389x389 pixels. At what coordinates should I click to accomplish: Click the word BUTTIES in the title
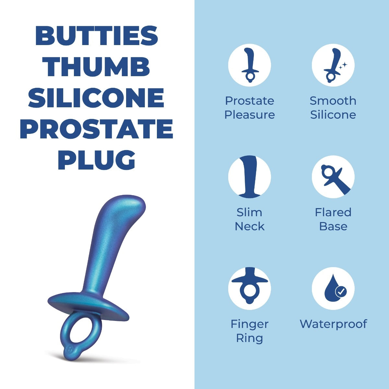tap(97, 36)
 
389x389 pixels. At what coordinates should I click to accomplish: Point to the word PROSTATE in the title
tap(97, 129)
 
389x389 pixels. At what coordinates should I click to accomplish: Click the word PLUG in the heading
tap(97, 160)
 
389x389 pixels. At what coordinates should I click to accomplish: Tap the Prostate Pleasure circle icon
tap(249, 65)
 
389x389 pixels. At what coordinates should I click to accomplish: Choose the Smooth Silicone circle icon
tap(333, 65)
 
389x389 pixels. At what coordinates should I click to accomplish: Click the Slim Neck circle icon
tap(249, 177)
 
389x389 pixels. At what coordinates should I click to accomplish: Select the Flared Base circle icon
tap(333, 177)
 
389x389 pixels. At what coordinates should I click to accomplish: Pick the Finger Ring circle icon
tap(249, 288)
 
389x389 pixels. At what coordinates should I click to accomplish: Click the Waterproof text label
tap(333, 324)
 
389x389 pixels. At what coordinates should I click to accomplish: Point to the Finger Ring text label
tap(249, 331)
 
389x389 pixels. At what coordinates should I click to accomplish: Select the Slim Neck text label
tap(249, 219)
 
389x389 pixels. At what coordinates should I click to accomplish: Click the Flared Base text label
tap(333, 219)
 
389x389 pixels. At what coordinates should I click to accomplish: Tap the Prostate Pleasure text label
tap(249, 108)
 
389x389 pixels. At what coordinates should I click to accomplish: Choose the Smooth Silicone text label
tap(333, 108)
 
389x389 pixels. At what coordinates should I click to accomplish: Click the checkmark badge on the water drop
tap(340, 291)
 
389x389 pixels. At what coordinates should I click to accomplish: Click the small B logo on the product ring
tap(68, 349)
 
